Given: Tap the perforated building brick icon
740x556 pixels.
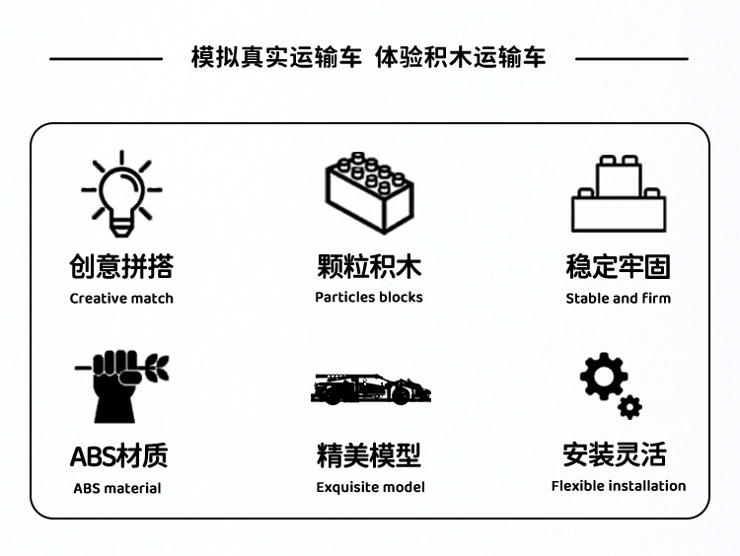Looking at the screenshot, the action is (368, 191).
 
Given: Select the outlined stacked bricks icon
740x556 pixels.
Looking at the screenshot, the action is (618, 194).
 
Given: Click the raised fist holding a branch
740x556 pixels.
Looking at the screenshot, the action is (119, 385).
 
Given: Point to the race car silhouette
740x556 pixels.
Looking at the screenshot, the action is (371, 388).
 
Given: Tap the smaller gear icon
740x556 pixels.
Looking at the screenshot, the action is (630, 406).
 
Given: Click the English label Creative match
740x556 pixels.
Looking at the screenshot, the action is (121, 299).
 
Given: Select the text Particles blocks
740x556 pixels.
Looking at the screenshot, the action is (369, 297).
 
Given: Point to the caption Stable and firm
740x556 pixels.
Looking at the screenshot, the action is (618, 298).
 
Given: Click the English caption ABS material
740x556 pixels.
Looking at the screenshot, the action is (117, 488).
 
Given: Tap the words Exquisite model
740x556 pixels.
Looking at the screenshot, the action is (371, 487).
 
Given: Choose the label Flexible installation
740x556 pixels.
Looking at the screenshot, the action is (619, 485).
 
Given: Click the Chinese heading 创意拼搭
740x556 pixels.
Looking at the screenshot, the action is (121, 266).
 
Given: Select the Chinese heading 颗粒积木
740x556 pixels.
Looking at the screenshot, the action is (369, 266).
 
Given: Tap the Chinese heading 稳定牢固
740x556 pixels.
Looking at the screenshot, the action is (618, 266).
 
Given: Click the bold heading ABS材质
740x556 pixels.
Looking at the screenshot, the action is (119, 455).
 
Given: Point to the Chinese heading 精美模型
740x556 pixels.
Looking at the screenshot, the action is (369, 455).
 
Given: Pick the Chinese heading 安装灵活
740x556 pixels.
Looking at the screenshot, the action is (615, 454).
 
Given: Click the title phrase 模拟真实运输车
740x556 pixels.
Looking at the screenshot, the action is (277, 58).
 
